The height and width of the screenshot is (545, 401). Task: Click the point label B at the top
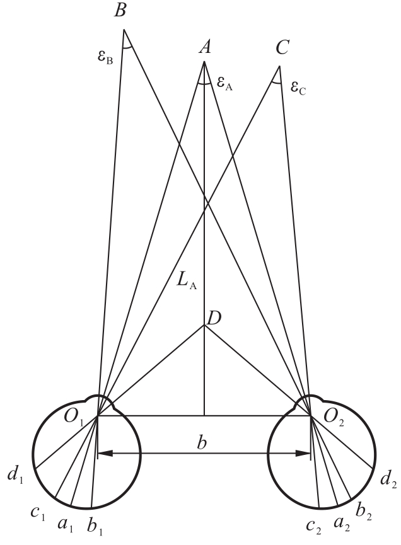pos(120,10)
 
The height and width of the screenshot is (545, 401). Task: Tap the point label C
pos(282,47)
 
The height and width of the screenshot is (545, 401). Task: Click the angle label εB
pos(105,57)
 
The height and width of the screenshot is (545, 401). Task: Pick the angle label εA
pos(224,83)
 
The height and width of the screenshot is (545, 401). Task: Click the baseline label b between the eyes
pos(201,443)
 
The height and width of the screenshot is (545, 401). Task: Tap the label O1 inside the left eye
pos(73,416)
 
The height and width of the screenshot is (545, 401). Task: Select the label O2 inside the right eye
pos(334,416)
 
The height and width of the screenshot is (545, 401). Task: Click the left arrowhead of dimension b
pos(105,453)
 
